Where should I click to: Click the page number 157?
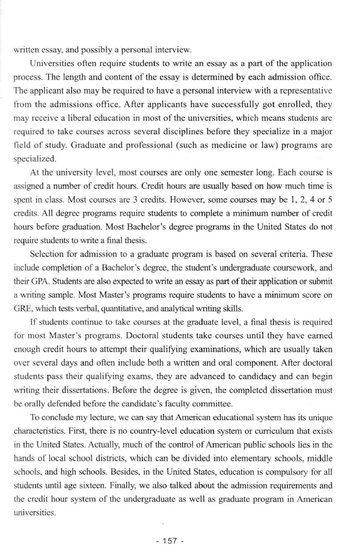point(170,541)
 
